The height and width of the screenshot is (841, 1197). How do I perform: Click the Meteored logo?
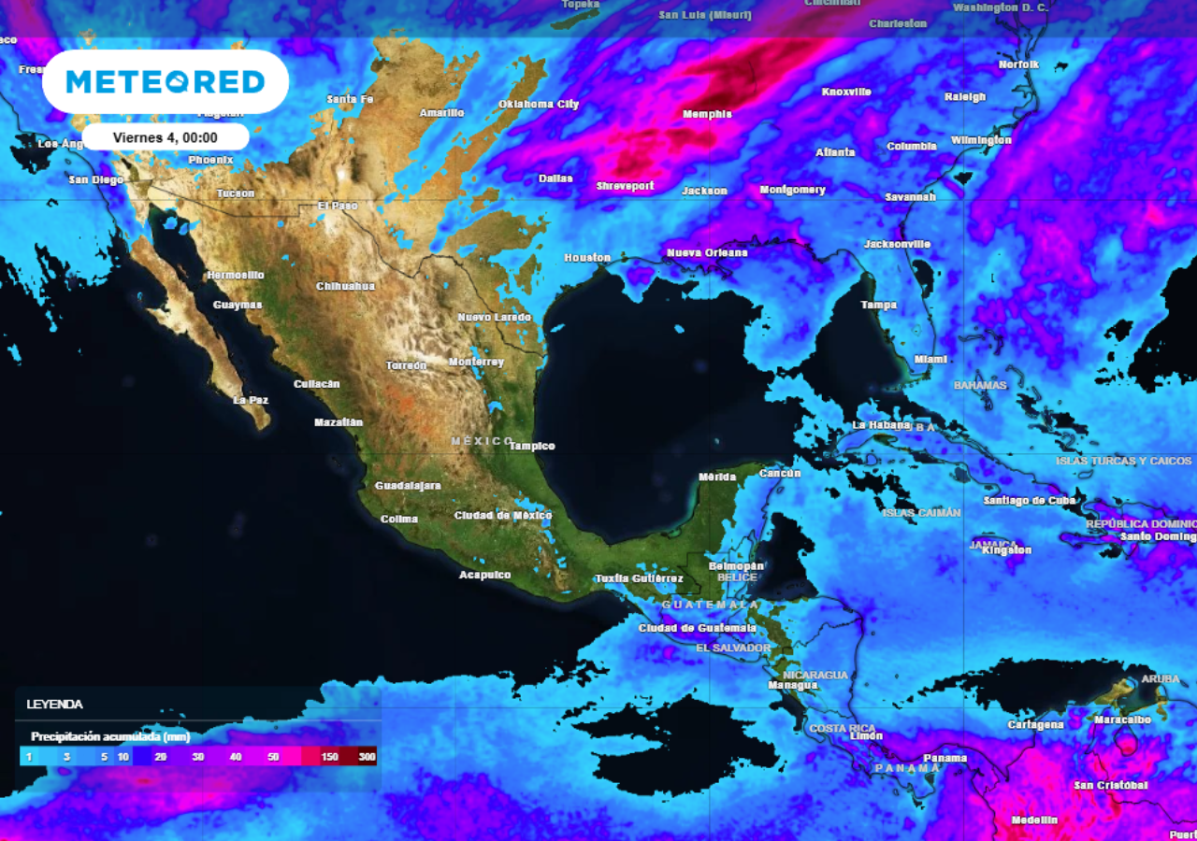tap(166, 82)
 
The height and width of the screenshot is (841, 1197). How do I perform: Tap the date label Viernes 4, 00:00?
tap(166, 137)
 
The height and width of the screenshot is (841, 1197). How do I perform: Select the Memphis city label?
tap(707, 114)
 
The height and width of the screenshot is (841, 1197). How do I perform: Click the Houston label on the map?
tap(587, 257)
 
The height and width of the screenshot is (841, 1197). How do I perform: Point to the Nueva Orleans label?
tap(707, 252)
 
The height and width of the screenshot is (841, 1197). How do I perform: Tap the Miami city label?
tap(930, 359)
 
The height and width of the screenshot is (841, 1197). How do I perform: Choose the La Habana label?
tap(881, 424)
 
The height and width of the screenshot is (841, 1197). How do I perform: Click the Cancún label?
tap(780, 473)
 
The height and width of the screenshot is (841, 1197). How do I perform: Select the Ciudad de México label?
tap(503, 515)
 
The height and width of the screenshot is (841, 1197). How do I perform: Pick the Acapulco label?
tap(485, 575)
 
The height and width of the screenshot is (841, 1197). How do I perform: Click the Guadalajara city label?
tap(408, 486)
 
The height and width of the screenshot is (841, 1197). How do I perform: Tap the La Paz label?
tap(251, 400)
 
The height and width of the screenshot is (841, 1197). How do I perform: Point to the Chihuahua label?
tap(345, 286)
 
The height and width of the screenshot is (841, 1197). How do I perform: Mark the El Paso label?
tap(338, 206)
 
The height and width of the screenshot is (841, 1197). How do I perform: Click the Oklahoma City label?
tap(539, 104)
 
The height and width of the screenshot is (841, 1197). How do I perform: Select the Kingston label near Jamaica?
tap(1007, 550)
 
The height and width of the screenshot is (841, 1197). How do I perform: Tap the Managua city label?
tap(792, 685)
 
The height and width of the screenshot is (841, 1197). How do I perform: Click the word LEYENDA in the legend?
tap(54, 704)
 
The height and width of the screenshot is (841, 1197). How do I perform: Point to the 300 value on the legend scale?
tap(367, 756)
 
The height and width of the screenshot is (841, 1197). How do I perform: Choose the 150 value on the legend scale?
tap(329, 756)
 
